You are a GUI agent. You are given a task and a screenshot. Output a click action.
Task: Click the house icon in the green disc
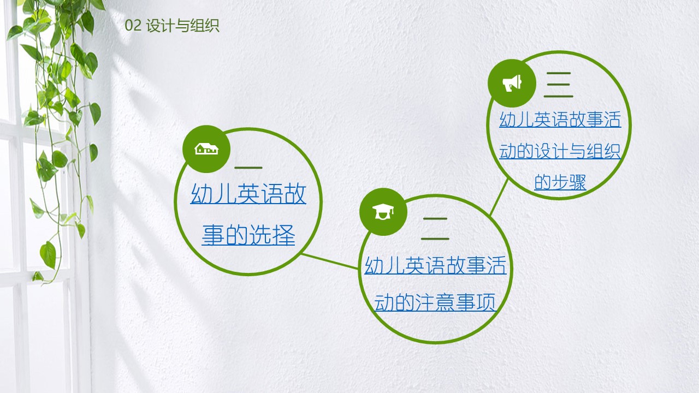[206, 149]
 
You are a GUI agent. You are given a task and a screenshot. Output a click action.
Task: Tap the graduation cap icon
[383, 212]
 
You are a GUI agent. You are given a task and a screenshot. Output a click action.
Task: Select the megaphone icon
[512, 83]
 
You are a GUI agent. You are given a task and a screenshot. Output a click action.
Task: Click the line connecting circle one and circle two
[330, 261]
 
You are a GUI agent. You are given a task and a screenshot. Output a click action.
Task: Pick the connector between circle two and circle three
[499, 198]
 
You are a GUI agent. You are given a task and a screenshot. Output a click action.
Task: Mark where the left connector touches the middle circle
[358, 269]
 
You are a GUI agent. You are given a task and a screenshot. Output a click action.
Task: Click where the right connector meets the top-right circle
[508, 180]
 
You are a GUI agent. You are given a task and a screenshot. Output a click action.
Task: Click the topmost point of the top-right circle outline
[559, 52]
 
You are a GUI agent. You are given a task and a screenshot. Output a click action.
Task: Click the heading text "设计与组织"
[182, 26]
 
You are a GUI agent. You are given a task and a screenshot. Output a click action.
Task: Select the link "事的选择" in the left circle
[248, 235]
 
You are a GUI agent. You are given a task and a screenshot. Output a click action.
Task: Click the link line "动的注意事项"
[435, 302]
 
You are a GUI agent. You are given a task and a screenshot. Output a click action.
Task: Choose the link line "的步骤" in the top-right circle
[560, 182]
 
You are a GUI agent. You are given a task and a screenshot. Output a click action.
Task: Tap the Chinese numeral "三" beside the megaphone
[559, 85]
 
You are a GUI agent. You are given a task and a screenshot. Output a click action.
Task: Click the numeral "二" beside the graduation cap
[435, 229]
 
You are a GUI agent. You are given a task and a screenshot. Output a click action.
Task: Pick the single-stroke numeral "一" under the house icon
[248, 168]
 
